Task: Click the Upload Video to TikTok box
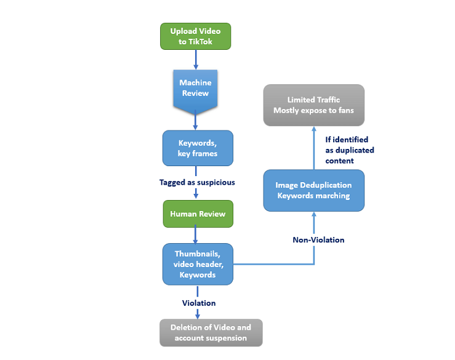[x=196, y=36]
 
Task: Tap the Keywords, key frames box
[x=198, y=148]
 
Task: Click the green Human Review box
[x=198, y=214]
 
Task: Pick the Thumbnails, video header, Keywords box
[x=198, y=264]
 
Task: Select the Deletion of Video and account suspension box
[x=211, y=333]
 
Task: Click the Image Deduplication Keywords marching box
[x=313, y=190]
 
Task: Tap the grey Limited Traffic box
[x=313, y=105]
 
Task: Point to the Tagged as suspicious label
[x=197, y=182]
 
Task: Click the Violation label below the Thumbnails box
[x=198, y=303]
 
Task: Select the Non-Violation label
[x=318, y=239]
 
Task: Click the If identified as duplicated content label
[x=349, y=150]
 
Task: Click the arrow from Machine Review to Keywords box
[x=196, y=121]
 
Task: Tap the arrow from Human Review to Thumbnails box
[x=196, y=234]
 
